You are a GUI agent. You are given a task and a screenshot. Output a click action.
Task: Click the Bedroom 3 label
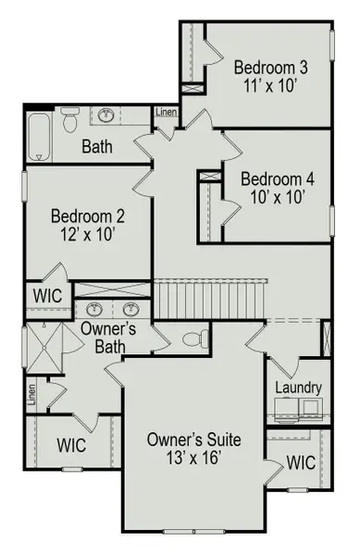tap(270, 68)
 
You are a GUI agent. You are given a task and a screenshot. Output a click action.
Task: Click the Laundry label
tap(297, 388)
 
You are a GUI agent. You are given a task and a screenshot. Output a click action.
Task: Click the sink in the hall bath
tap(107, 116)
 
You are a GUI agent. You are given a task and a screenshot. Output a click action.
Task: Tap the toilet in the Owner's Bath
tap(191, 336)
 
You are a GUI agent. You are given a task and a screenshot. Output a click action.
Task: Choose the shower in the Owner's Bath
tap(42, 349)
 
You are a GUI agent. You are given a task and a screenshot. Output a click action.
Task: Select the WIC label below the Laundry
tap(301, 462)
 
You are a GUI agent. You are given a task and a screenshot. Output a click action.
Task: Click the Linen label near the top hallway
tap(166, 113)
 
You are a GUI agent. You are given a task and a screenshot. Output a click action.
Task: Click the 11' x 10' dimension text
tap(270, 85)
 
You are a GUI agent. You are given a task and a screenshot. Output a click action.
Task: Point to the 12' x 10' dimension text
tap(89, 233)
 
